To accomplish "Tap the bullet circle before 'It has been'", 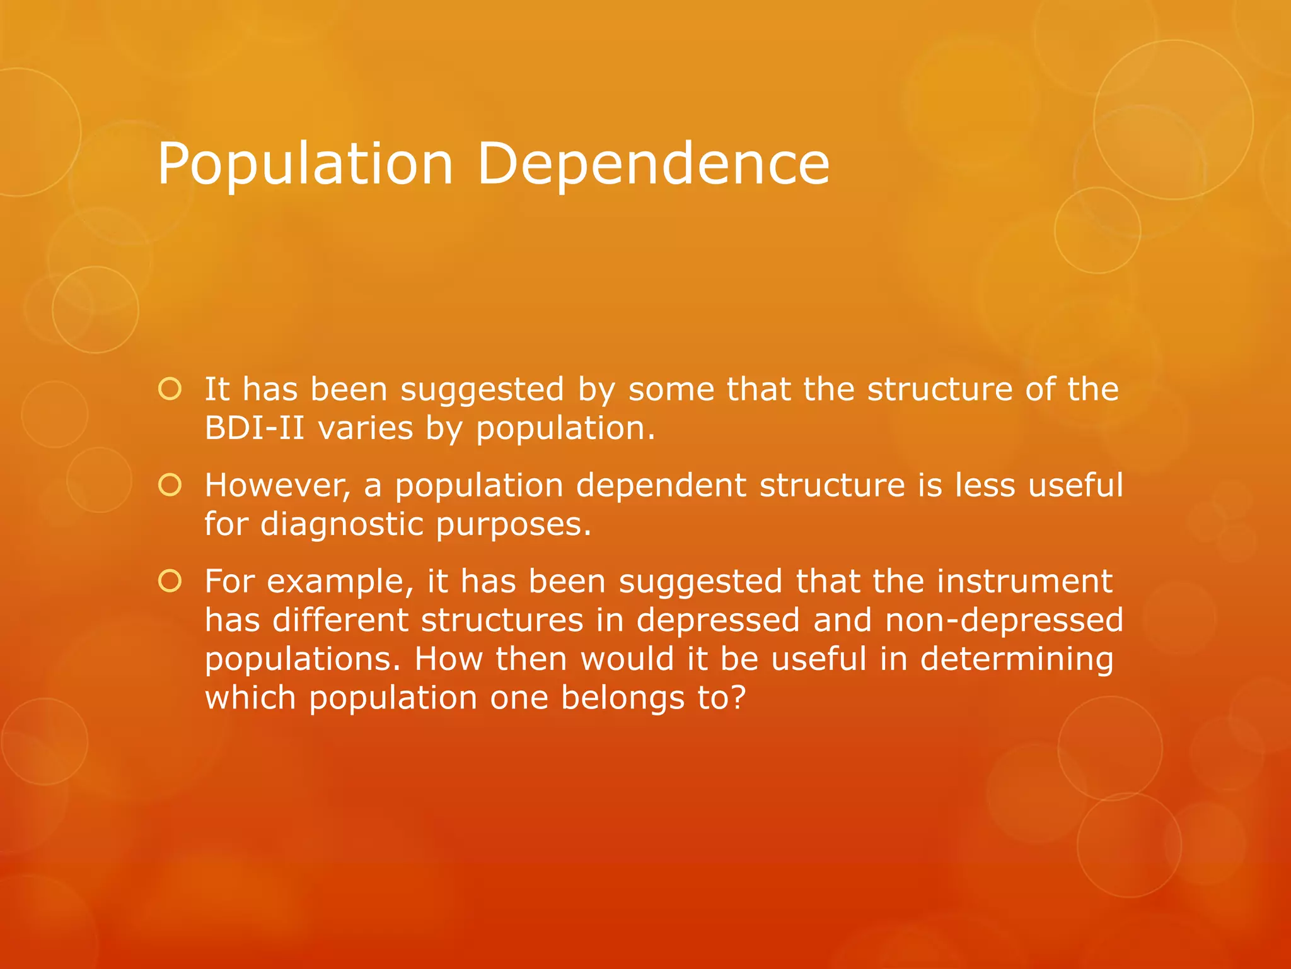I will tap(170, 389).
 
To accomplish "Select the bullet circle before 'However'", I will tap(170, 485).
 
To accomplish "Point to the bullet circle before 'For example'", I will tap(170, 581).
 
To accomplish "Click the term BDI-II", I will tap(255, 428).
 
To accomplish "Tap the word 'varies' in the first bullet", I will tap(365, 428).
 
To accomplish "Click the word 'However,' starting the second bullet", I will tap(277, 486).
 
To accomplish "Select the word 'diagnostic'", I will tap(341, 525).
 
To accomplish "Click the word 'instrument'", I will tap(1024, 582).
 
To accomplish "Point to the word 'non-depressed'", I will tap(1004, 620).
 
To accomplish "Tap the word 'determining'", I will tap(1017, 659).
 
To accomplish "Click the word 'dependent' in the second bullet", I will tap(661, 486).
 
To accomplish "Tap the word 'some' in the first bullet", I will tap(671, 390).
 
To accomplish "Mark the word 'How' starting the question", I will tap(448, 659).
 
